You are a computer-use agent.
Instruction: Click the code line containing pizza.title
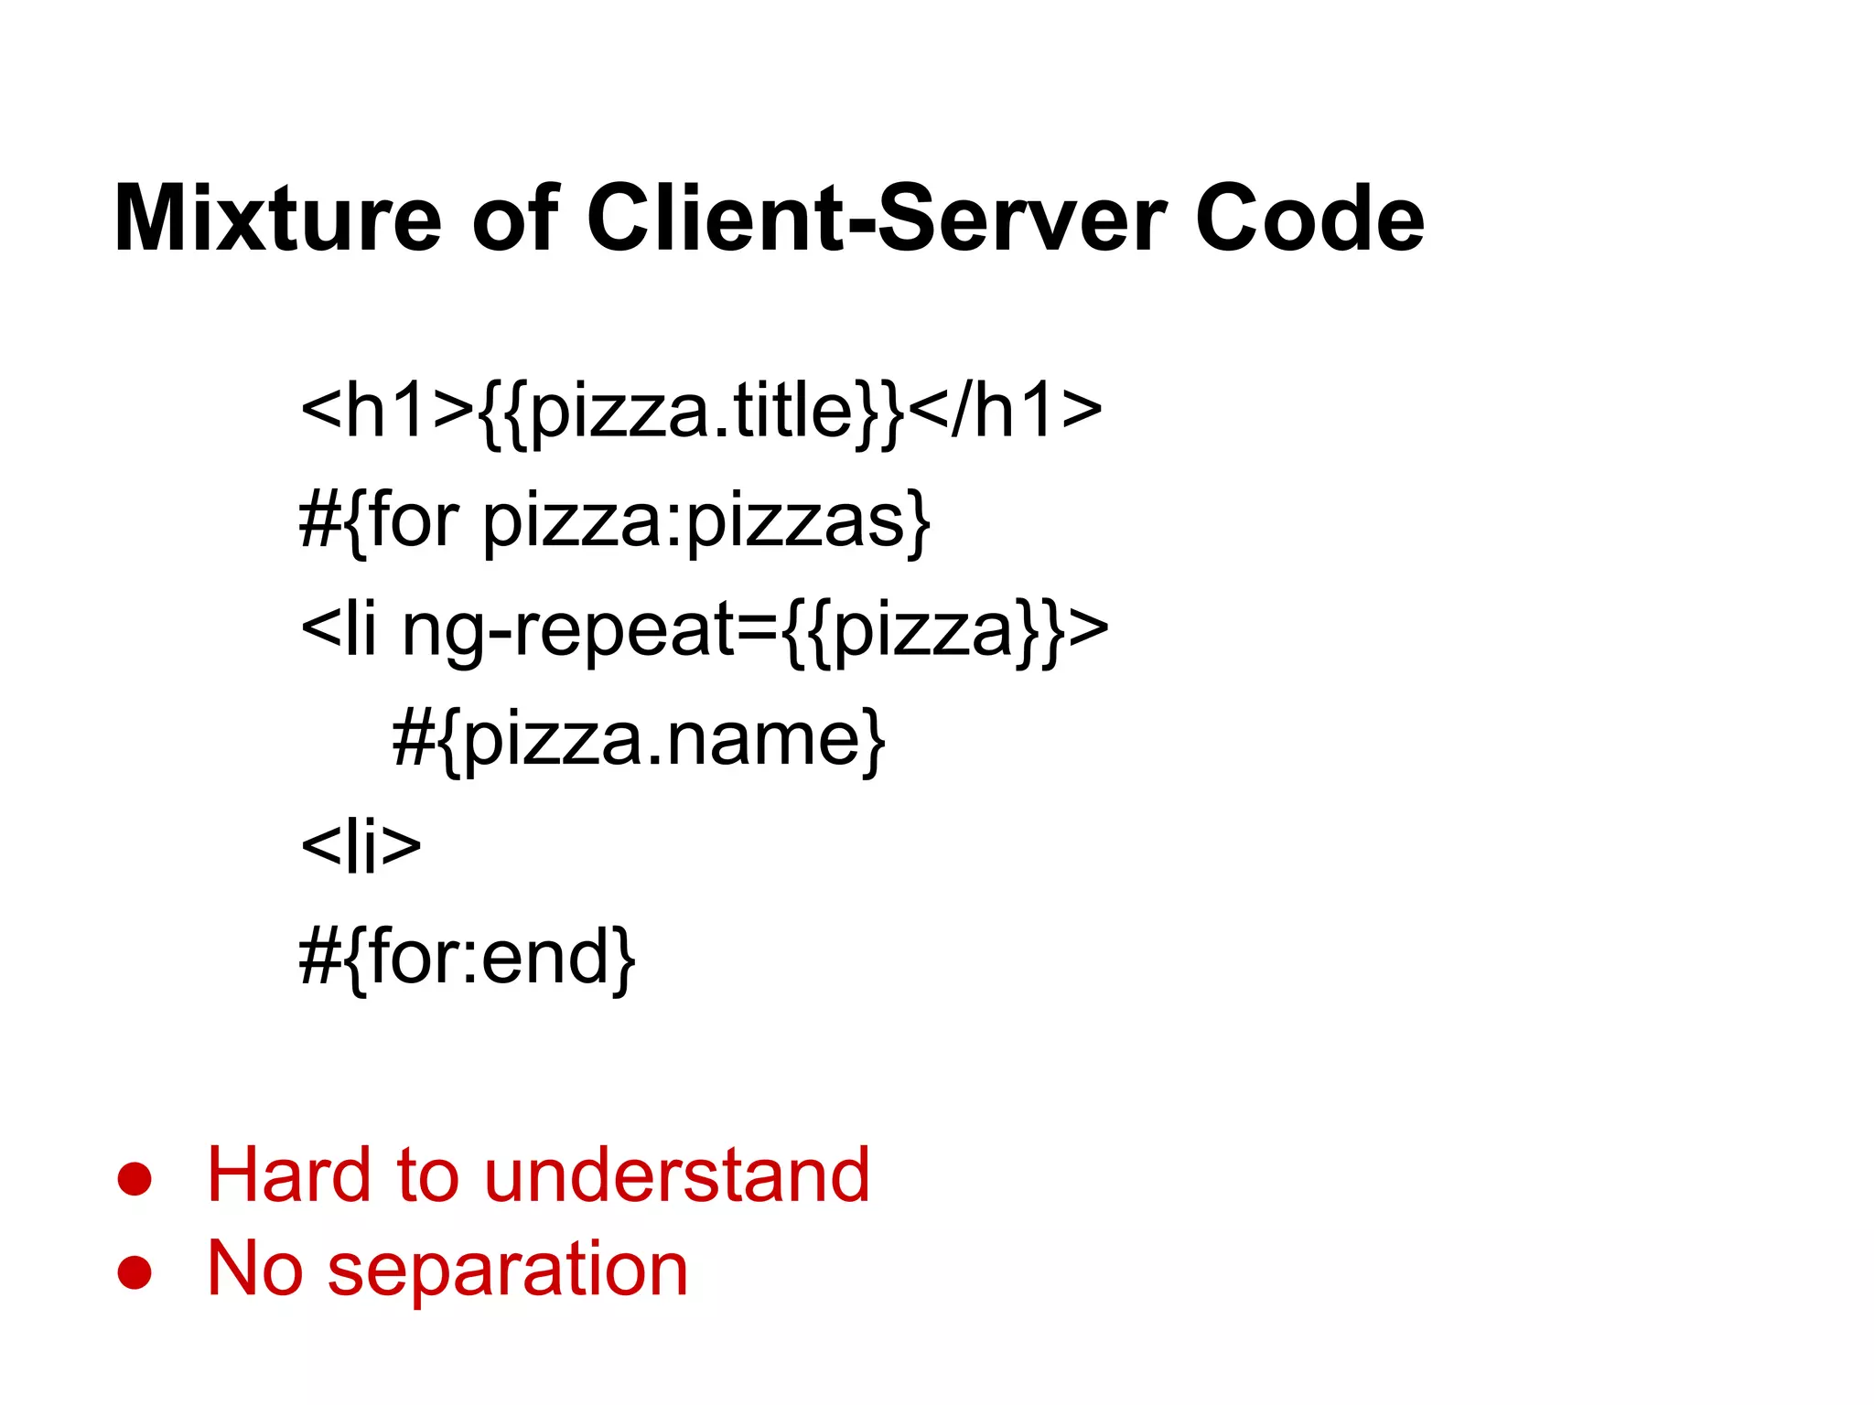pos(701,411)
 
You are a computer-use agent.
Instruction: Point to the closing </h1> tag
pos(1006,411)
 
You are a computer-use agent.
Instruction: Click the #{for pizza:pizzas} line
pos(614,520)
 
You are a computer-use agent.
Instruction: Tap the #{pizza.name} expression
pos(639,739)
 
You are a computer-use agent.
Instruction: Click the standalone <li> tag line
pos(361,846)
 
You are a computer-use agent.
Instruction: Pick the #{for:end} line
pos(467,957)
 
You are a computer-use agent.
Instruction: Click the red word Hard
pos(288,1174)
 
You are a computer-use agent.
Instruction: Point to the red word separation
pos(507,1270)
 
